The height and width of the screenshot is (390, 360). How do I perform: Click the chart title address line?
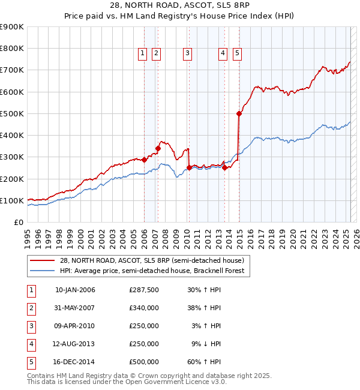[x=180, y=5]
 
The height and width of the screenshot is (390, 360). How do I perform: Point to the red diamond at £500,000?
[x=239, y=113]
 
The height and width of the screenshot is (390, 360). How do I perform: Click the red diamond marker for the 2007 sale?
[x=158, y=148]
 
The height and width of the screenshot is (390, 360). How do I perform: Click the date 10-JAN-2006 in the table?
[x=75, y=290]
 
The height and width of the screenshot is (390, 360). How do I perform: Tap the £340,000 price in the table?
[x=144, y=308]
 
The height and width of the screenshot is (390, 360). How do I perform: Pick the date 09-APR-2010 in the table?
[x=75, y=326]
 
